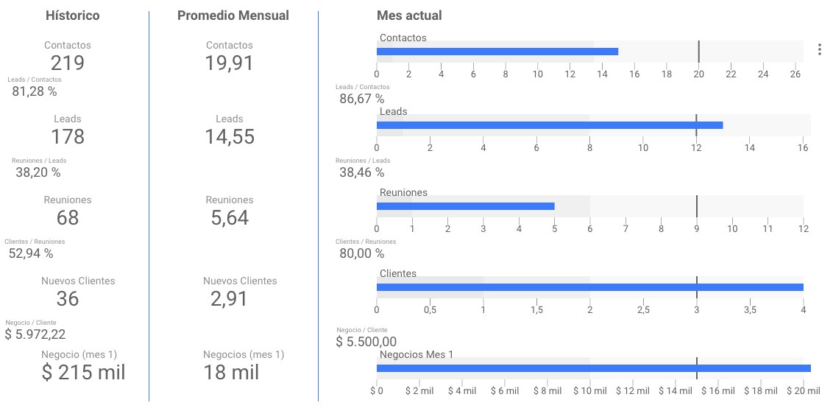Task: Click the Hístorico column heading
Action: (x=72, y=15)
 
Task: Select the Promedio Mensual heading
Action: (x=233, y=15)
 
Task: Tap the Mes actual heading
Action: (x=408, y=15)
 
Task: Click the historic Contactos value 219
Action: (x=68, y=63)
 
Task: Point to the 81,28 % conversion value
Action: (x=35, y=92)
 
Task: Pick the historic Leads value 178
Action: (x=68, y=137)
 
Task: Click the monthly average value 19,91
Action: (x=229, y=63)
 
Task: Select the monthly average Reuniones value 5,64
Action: (x=229, y=218)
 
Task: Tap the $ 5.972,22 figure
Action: (x=35, y=334)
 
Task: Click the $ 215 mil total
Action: (x=83, y=373)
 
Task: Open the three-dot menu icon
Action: (x=820, y=49)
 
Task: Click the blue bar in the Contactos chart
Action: (x=497, y=52)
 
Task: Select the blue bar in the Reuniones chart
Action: (x=465, y=206)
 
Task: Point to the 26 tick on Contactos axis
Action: (x=795, y=74)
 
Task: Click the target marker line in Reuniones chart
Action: (x=696, y=206)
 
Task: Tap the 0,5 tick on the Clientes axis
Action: (x=430, y=310)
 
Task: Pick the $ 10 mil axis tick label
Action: (x=590, y=391)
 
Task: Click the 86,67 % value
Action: (x=362, y=99)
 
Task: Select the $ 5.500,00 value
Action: (x=366, y=342)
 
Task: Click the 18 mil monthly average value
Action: (x=231, y=373)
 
